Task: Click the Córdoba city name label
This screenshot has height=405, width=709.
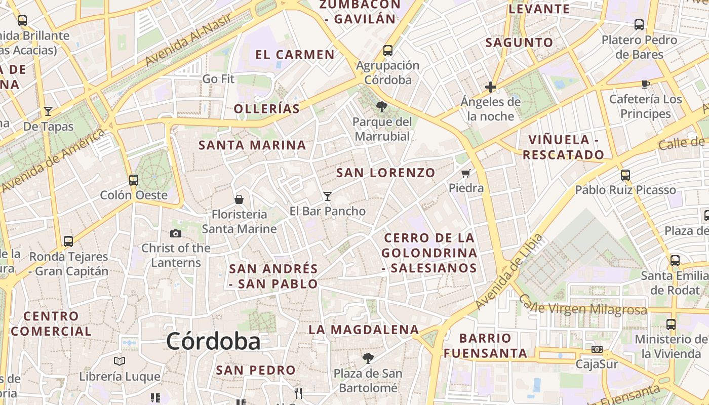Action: tap(213, 341)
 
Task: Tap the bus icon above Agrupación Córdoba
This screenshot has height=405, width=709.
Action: tap(388, 51)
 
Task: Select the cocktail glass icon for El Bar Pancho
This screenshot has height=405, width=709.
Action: tap(328, 196)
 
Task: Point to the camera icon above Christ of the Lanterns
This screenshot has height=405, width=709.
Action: tap(176, 233)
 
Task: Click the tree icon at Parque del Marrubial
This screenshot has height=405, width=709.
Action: tap(381, 107)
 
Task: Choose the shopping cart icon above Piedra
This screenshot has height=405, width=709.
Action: tap(466, 173)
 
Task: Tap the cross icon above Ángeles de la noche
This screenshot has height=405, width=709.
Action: tap(490, 87)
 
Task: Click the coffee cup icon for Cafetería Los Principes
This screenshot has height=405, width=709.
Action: tap(645, 84)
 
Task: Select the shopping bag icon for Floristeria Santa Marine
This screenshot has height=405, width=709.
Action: tap(239, 199)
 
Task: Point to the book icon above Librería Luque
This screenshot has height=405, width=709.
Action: tap(120, 361)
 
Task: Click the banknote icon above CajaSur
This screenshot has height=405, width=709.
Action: tap(597, 349)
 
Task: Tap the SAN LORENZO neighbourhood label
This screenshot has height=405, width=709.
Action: tap(386, 173)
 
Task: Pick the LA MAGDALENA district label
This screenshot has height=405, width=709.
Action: tap(364, 330)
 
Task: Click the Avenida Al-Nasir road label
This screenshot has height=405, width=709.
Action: tap(188, 39)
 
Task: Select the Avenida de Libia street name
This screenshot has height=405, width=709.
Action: tap(510, 271)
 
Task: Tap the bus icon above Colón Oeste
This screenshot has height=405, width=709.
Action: tap(134, 180)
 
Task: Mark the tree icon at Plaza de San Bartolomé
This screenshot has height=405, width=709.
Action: tap(368, 358)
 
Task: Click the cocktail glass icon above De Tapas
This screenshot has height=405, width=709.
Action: tap(48, 111)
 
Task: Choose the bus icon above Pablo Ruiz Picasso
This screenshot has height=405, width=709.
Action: tap(625, 175)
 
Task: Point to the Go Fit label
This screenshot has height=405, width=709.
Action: tap(218, 79)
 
